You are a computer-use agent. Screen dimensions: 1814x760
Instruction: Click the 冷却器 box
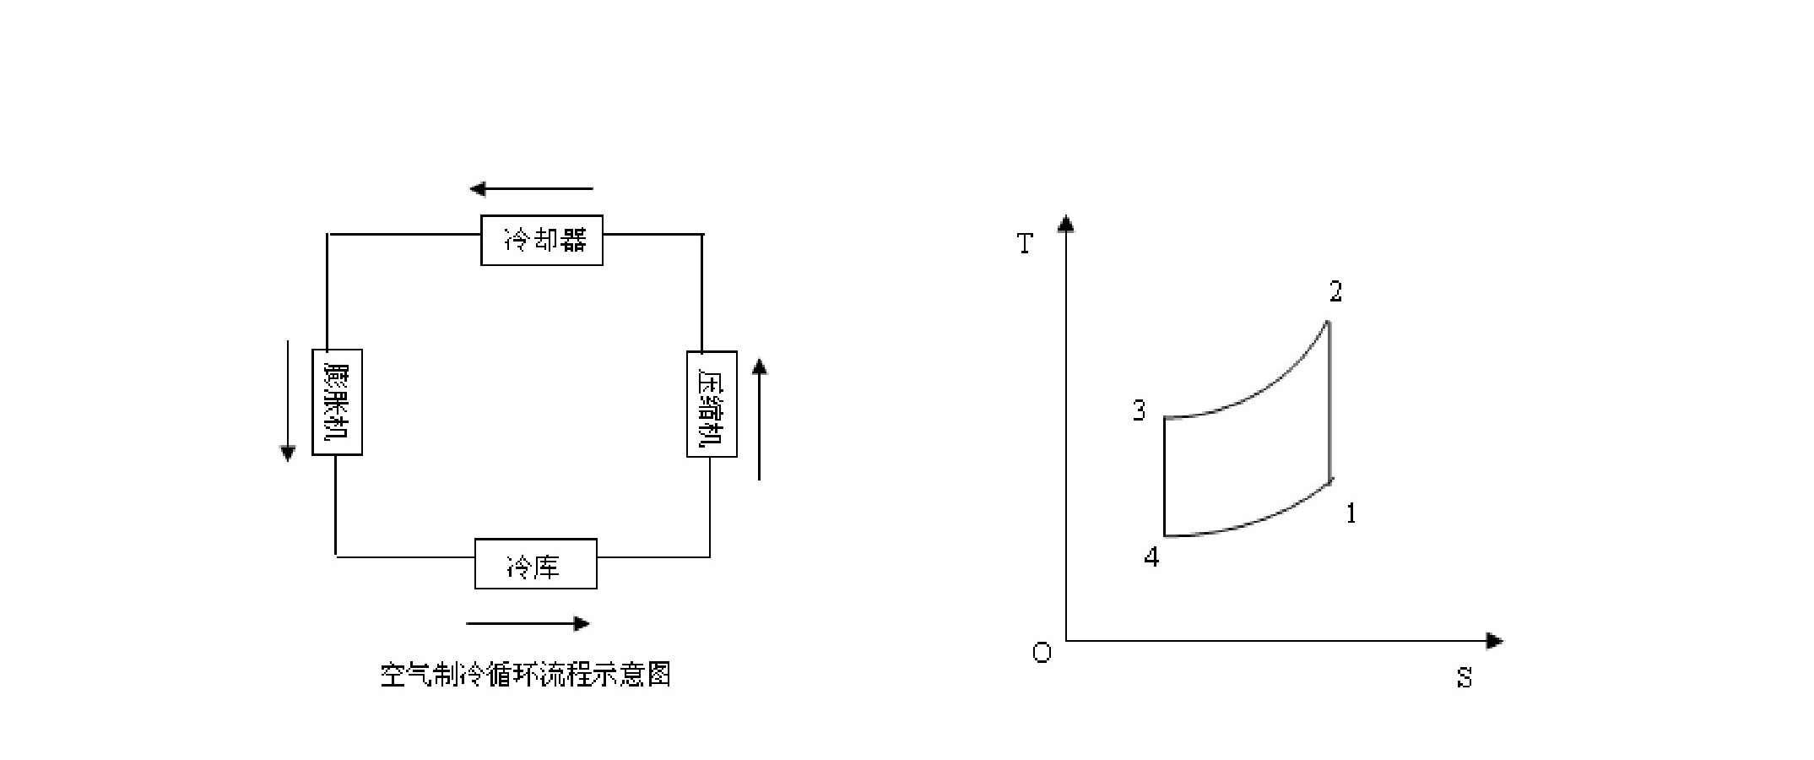(542, 241)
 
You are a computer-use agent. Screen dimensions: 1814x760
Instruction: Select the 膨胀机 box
(338, 402)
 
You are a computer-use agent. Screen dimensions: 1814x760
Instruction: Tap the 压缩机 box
(712, 404)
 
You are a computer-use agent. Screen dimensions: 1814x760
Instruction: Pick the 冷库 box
(536, 563)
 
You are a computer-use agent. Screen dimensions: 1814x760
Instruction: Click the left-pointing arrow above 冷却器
(532, 188)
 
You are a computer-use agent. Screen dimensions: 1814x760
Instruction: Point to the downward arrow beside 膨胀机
(288, 401)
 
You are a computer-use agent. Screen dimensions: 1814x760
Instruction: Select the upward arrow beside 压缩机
(760, 419)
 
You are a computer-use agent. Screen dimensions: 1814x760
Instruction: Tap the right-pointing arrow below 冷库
(528, 624)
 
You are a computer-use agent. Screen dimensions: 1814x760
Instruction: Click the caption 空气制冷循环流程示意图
(525, 675)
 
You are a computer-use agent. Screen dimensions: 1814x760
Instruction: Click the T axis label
(1025, 244)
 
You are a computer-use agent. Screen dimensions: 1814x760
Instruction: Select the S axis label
(1465, 678)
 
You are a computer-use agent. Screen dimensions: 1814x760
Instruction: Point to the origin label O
(1042, 653)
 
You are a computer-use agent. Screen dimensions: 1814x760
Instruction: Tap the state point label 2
(1335, 292)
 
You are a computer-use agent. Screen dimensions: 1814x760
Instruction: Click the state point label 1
(1351, 513)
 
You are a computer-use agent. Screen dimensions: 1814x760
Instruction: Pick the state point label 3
(1140, 411)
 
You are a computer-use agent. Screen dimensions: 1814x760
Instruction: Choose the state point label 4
(1152, 556)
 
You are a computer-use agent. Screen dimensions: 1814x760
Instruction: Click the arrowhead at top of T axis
(1066, 223)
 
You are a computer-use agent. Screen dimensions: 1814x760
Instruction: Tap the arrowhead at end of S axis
(1495, 641)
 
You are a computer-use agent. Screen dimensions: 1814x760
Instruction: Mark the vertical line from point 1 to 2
(1330, 400)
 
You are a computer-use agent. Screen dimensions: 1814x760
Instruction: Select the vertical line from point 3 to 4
(1165, 476)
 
